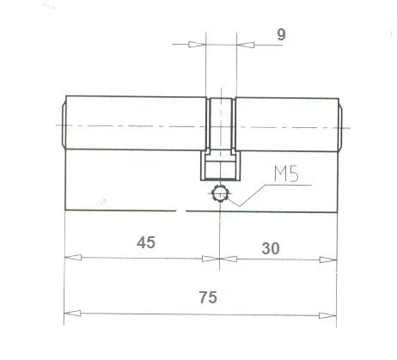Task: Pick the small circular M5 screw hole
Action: click(221, 194)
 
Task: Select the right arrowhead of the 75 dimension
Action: click(330, 313)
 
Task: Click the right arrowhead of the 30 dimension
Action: click(330, 258)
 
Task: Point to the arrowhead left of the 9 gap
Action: click(200, 45)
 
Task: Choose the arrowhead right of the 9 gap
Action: click(241, 45)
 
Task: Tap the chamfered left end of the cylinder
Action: click(62, 124)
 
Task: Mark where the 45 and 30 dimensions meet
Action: click(221, 258)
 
